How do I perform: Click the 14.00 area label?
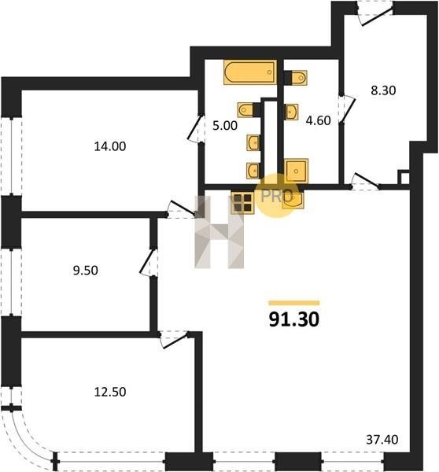(x=110, y=146)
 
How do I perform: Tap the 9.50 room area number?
(x=85, y=271)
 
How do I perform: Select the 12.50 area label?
(x=110, y=392)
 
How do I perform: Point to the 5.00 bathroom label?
(x=225, y=126)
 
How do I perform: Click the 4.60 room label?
(x=318, y=120)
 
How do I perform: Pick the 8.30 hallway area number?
(x=383, y=90)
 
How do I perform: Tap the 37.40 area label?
(x=382, y=440)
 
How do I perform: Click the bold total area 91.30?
(x=294, y=319)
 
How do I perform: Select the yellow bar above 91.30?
(x=294, y=303)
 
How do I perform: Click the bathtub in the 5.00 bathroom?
(x=250, y=72)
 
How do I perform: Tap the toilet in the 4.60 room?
(x=296, y=78)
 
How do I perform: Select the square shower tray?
(x=297, y=171)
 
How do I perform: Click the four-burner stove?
(x=242, y=203)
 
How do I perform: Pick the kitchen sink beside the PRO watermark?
(x=293, y=200)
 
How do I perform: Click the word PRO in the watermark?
(x=277, y=196)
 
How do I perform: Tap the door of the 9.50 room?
(x=148, y=262)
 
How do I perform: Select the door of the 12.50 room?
(x=174, y=340)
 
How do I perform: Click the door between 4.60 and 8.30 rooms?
(x=347, y=109)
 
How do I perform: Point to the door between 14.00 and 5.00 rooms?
(x=195, y=128)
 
